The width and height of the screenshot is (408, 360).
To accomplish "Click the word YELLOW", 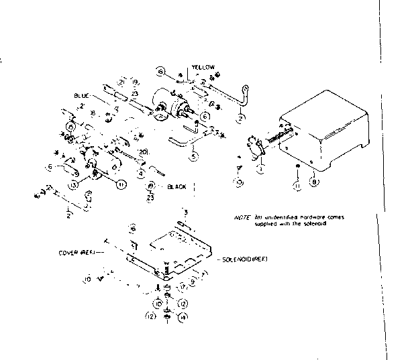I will pos(203,68).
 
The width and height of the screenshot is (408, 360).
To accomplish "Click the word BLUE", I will pos(82,96).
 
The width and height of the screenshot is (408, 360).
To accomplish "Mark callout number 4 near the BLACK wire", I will pos(142,173).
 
